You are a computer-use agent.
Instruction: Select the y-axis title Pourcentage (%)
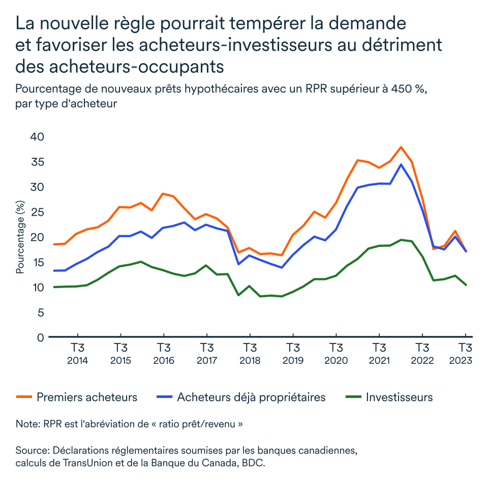[20, 237]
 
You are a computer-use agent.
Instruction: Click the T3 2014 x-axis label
[77, 354]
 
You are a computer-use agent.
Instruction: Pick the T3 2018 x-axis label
[250, 354]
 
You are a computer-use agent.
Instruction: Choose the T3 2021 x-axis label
[379, 354]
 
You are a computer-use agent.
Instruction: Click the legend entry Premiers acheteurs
[86, 397]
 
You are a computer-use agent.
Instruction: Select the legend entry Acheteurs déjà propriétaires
[251, 397]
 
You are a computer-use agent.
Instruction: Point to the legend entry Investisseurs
[399, 397]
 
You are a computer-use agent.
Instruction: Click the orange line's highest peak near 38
[401, 147]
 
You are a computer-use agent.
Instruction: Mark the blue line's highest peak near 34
[401, 164]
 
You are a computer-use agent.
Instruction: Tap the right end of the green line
[466, 285]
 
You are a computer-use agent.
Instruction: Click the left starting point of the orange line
[54, 244]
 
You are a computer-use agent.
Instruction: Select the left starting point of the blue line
[54, 271]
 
